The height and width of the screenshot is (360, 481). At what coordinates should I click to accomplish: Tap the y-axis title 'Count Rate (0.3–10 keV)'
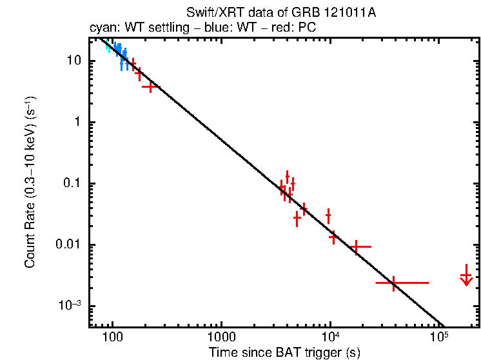coord(30,182)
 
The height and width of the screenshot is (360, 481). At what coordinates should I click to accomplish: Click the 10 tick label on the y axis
coord(72,61)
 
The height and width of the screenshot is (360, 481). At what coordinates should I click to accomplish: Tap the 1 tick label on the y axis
coord(75,122)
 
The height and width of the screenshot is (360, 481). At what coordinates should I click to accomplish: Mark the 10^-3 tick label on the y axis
coord(68,305)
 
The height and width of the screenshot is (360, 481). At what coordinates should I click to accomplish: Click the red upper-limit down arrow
coord(466,277)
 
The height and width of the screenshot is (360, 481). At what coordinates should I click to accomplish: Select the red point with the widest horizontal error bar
coord(394,283)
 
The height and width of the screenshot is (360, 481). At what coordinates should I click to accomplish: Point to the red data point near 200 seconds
coord(150,86)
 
